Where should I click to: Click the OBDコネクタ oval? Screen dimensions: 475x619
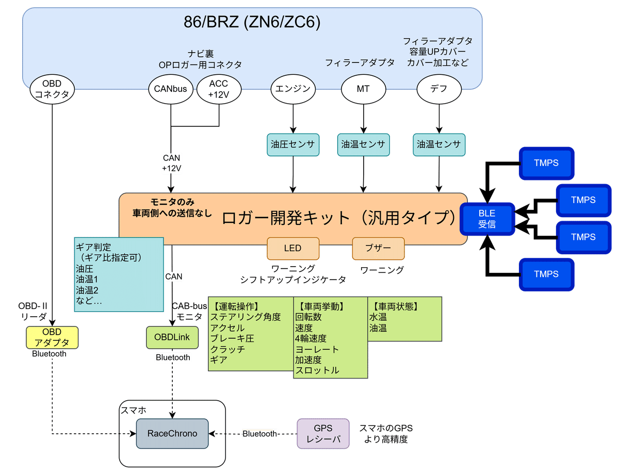pos(52,89)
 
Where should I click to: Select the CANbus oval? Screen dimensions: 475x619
pos(170,89)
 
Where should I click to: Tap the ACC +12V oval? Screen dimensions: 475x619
pos(218,89)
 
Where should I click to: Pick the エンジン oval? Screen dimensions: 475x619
pos(293,89)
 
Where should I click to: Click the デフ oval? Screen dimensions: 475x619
pos(438,89)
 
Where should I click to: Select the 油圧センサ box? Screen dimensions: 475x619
pos(293,144)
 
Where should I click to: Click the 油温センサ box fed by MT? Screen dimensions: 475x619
pos(363,144)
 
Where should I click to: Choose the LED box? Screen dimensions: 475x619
pos(292,248)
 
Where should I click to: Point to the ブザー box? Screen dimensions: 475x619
pos(378,248)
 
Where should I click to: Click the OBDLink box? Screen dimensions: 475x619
pos(172,337)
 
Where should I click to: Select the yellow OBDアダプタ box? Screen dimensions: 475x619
pos(52,337)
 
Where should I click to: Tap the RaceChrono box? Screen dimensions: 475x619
pos(172,433)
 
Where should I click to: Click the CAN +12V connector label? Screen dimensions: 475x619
pos(171,163)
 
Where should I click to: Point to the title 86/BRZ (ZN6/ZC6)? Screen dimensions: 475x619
pos(252,22)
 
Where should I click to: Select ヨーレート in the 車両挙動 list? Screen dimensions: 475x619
pos(317,349)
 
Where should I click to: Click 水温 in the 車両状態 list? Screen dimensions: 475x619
pos(378,317)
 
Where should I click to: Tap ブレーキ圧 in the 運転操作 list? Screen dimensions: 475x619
pos(232,338)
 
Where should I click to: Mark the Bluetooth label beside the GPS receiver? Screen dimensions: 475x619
pos(260,434)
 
